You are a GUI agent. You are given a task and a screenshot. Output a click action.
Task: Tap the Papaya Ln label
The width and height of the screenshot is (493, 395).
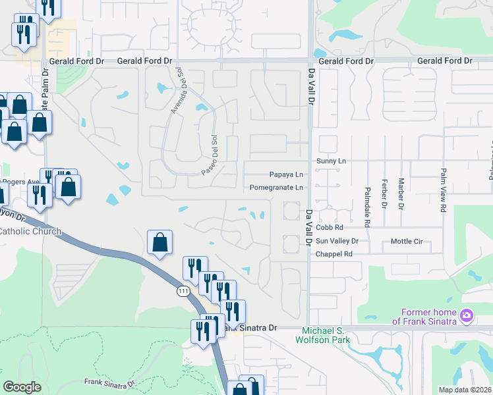287,174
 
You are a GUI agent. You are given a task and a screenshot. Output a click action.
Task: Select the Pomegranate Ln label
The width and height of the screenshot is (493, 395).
277,188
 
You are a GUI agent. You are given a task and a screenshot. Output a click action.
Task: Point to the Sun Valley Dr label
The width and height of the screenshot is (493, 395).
337,241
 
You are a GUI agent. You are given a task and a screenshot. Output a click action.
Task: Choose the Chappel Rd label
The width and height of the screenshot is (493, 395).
334,254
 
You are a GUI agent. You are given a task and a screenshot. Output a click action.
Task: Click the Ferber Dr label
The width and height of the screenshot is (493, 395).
384,194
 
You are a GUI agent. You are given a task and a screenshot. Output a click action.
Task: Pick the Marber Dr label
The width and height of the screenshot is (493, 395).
401,194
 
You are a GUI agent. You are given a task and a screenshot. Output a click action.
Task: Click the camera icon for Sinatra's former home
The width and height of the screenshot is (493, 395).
467,316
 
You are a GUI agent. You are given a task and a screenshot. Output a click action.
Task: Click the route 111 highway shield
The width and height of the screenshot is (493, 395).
183,290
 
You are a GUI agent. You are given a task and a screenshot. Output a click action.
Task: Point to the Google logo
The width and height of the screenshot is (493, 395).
22,386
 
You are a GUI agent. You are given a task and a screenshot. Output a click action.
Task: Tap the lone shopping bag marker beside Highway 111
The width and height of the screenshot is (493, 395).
159,242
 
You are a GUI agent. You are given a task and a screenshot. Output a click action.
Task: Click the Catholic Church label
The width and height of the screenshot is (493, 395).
30,231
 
